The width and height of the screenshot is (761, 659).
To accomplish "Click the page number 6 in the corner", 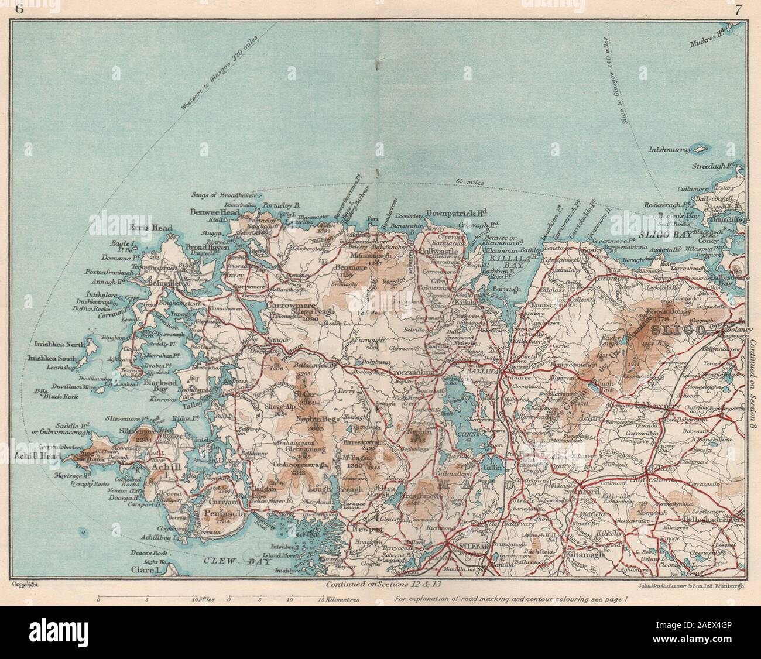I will pyautogui.click(x=20, y=8).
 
